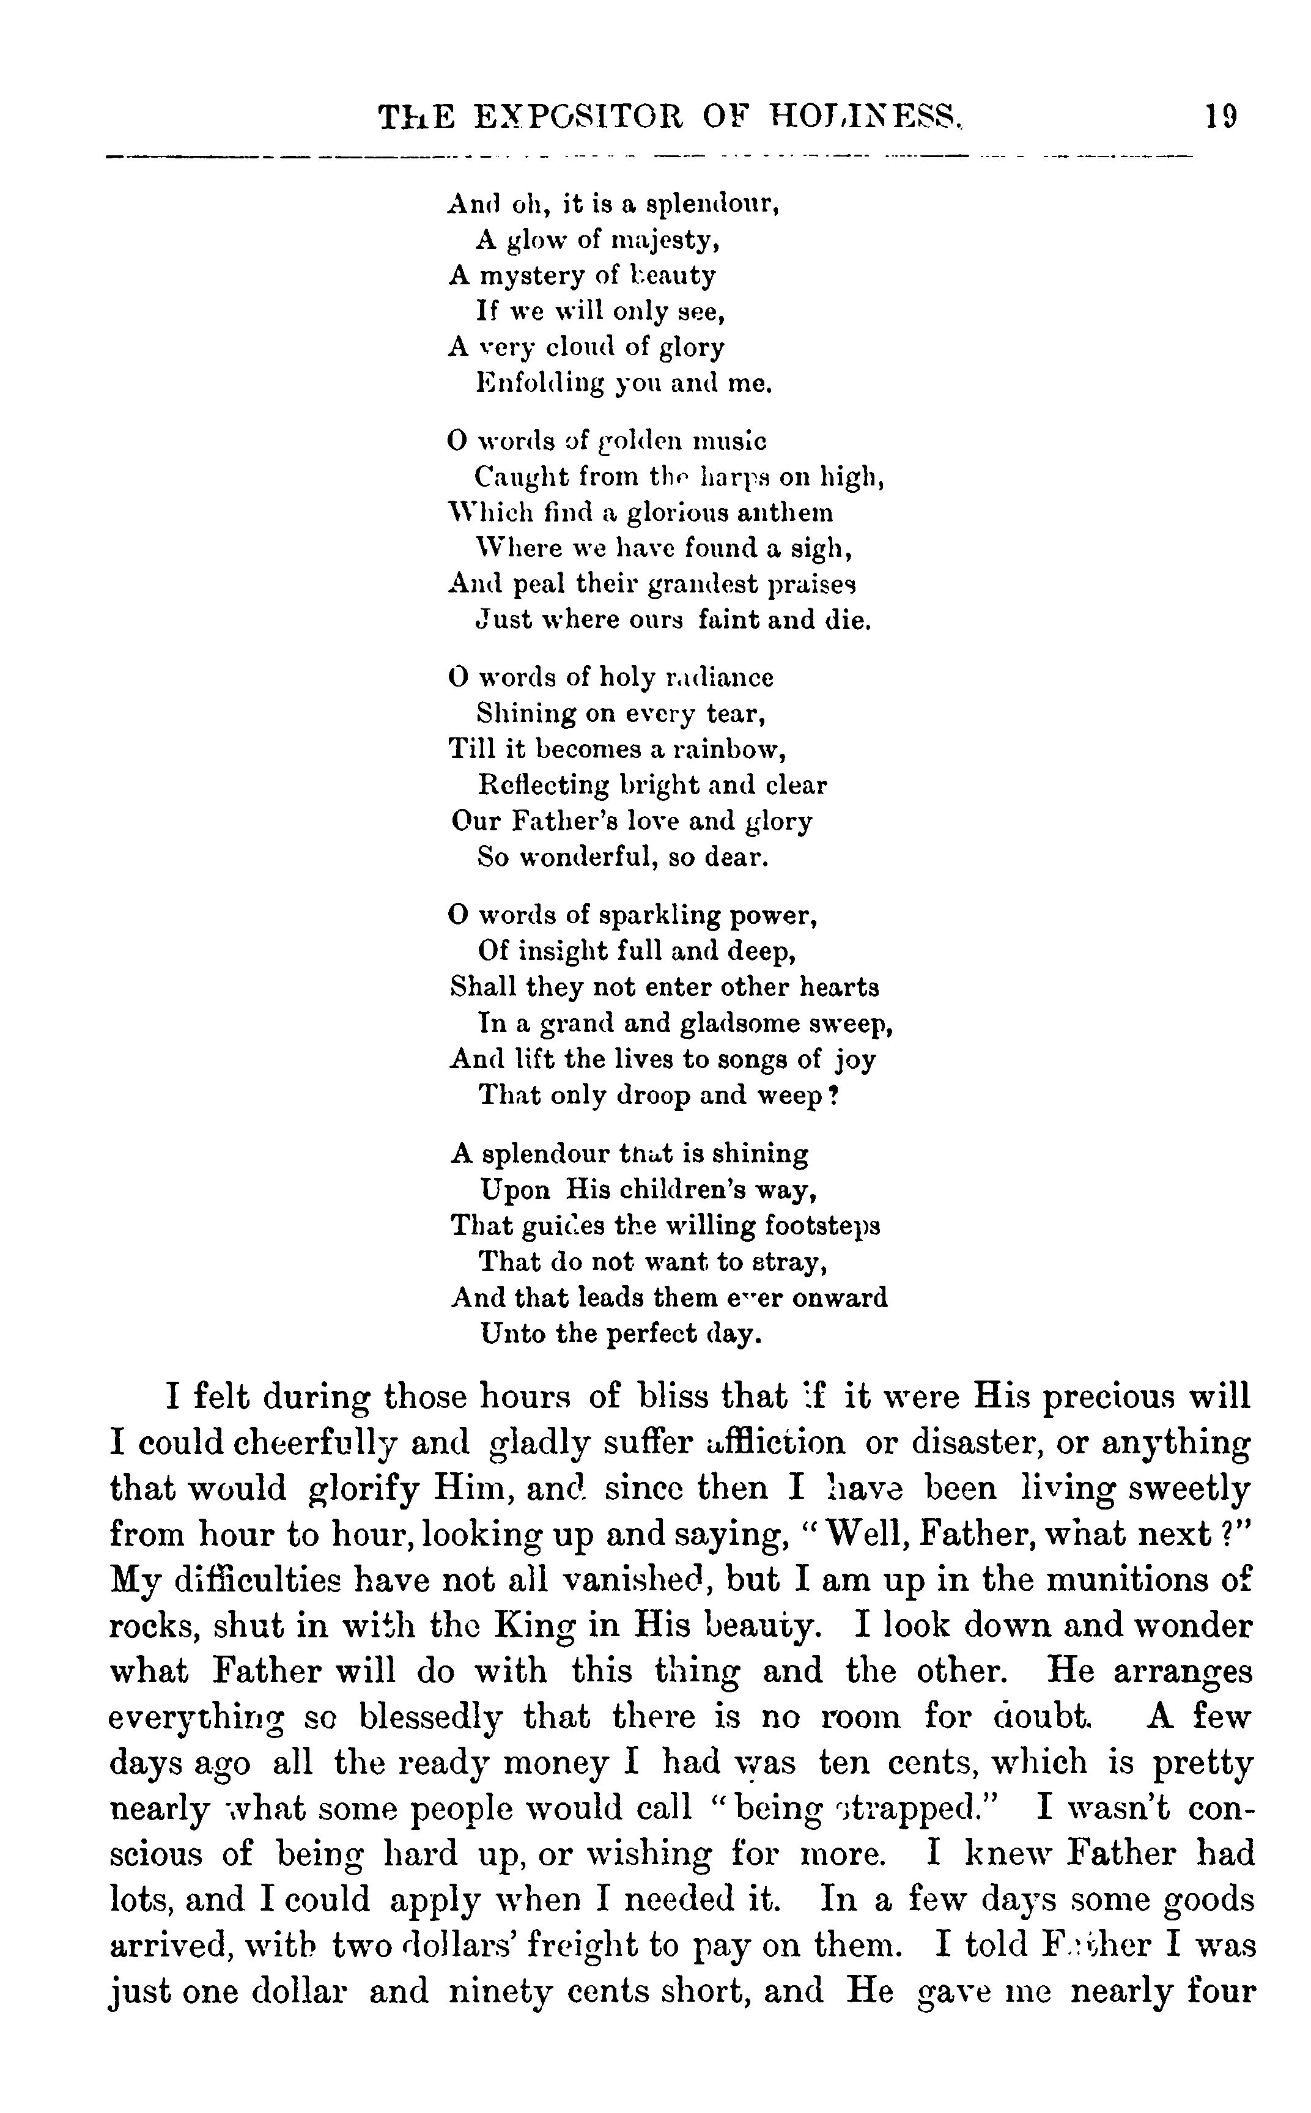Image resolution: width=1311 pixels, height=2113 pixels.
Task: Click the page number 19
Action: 1221,116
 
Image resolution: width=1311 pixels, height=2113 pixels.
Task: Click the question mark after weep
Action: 833,1096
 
